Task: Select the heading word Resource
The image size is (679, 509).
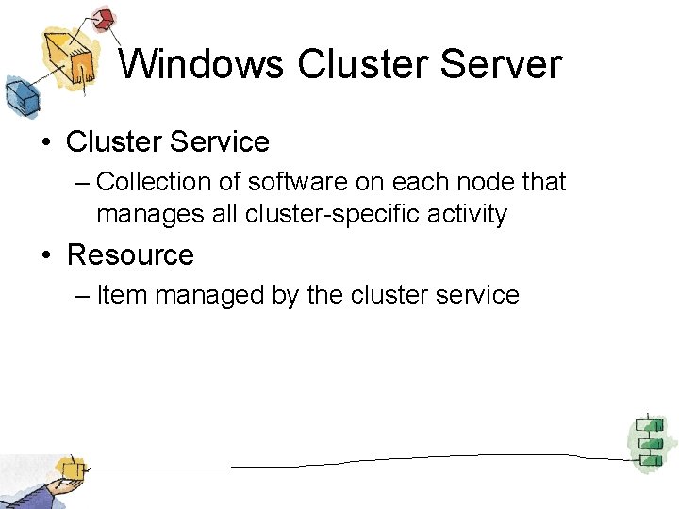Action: (130, 254)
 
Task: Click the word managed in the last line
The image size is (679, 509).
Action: (201, 295)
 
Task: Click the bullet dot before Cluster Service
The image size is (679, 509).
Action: (44, 143)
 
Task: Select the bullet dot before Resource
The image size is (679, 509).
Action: (44, 255)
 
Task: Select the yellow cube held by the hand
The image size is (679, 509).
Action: (69, 468)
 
